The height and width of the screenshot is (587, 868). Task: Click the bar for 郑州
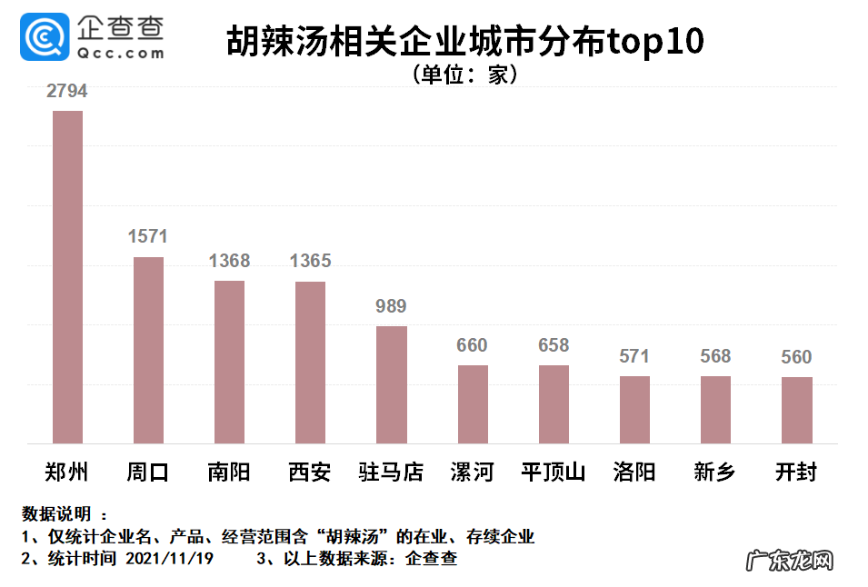pos(67,277)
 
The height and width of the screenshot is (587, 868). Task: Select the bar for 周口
pos(148,351)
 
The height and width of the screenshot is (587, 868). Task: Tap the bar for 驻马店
pos(392,385)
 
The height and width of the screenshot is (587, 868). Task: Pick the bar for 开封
pos(797,411)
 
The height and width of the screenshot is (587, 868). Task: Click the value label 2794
pos(67,92)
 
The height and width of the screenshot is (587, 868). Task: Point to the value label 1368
pos(229,262)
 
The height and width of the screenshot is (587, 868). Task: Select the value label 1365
pos(310,262)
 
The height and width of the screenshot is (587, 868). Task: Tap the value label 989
pos(391,306)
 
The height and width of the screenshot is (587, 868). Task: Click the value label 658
pos(554,345)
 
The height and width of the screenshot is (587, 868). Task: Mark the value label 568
pos(715,356)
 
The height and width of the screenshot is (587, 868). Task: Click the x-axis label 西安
pos(310,473)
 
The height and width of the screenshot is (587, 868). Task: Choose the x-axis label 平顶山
pos(554,473)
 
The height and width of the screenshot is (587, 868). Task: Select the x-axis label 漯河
pos(473,473)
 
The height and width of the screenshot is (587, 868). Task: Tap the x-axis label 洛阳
pos(634,473)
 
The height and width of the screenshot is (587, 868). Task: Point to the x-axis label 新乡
pos(715,473)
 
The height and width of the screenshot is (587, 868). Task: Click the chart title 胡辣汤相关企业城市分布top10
pos(464,42)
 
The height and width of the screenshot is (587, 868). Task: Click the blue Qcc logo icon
pos(44,36)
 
